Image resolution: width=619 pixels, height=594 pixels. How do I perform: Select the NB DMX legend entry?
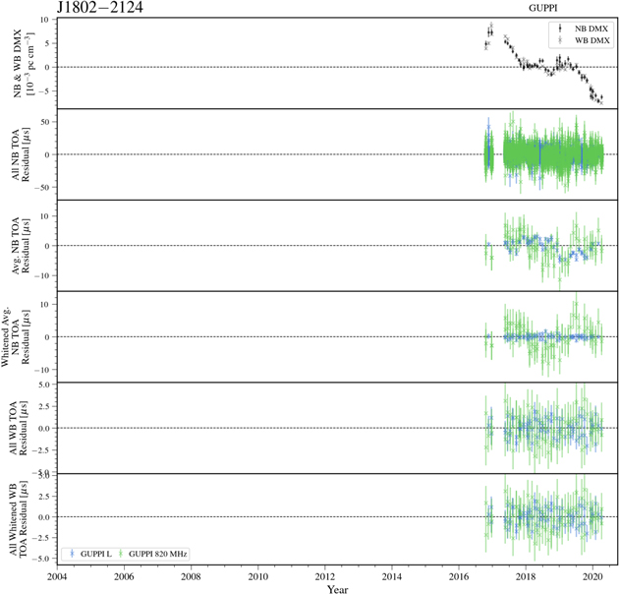tap(589, 30)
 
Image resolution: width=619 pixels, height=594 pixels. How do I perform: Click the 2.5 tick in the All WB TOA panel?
tap(44, 406)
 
